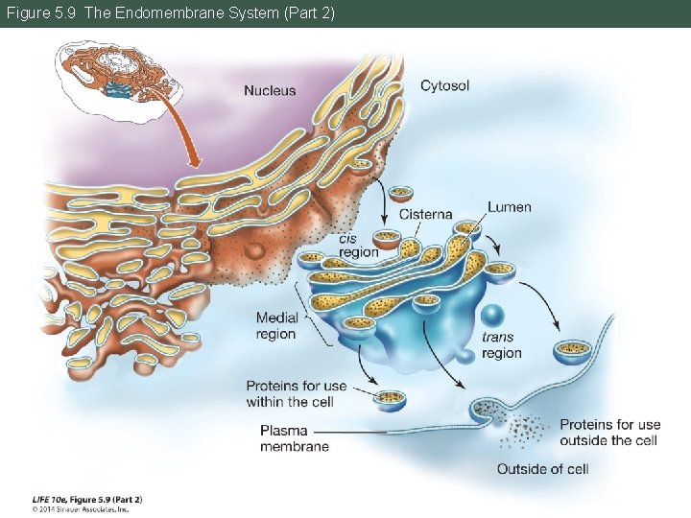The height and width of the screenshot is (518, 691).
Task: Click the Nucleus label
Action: pos(270,91)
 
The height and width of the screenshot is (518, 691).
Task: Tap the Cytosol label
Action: pos(444,86)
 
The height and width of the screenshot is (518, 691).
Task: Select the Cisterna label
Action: pos(425,215)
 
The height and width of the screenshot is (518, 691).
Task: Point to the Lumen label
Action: pos(509,207)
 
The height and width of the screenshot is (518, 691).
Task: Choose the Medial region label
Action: pos(275,326)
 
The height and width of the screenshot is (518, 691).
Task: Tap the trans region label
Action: pos(501,345)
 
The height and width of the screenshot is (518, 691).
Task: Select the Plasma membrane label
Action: pos(294,438)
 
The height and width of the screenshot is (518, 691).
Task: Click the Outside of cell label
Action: pos(542,469)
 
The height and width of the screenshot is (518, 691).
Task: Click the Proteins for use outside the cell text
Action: pos(609,432)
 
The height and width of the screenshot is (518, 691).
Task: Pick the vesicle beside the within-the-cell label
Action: pos(390,400)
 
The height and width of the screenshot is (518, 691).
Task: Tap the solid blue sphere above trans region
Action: pos(493,316)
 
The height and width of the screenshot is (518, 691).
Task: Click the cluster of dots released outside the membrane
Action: pos(523,429)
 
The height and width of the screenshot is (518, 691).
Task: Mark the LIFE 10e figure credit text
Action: pos(87,499)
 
